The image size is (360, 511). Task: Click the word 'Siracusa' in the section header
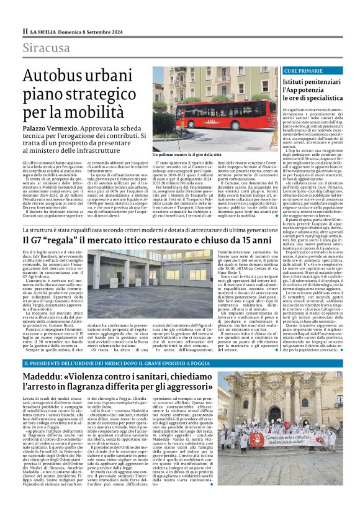(x=46, y=48)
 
